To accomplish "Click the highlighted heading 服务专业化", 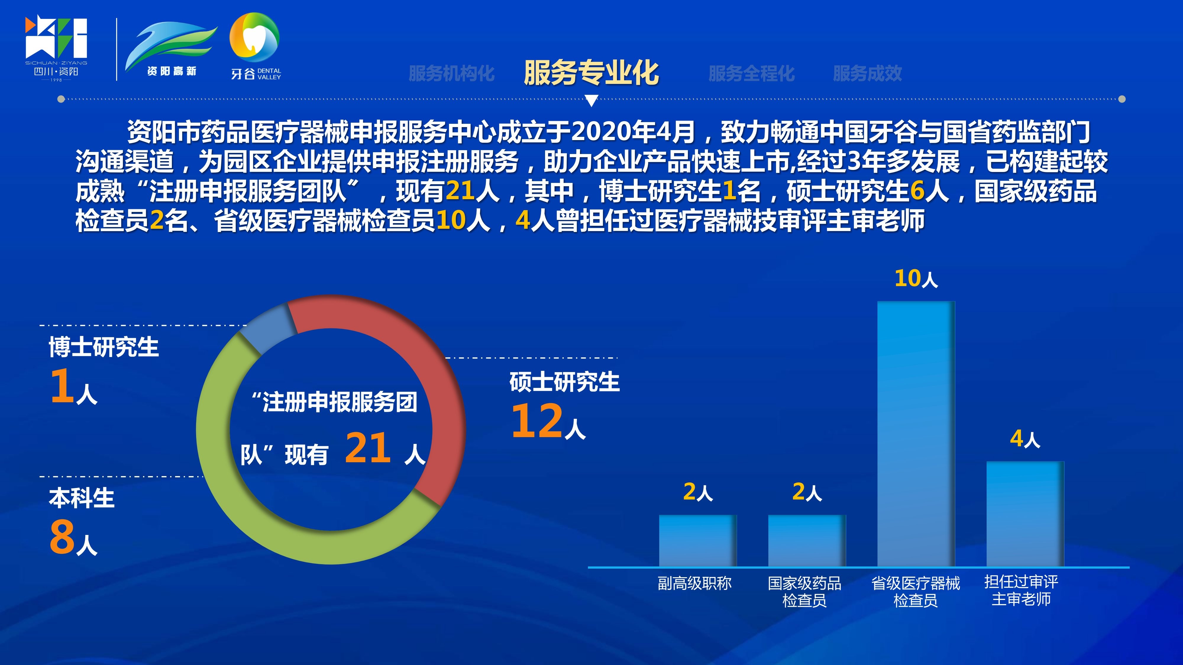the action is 591,73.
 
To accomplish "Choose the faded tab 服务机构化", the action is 451,73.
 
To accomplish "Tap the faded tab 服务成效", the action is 867,73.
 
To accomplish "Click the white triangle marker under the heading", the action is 591,100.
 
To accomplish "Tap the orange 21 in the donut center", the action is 368,448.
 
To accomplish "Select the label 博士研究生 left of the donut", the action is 104,347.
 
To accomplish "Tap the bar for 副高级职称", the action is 698,541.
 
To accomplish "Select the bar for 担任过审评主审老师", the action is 1025,514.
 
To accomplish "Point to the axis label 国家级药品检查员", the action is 804,592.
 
